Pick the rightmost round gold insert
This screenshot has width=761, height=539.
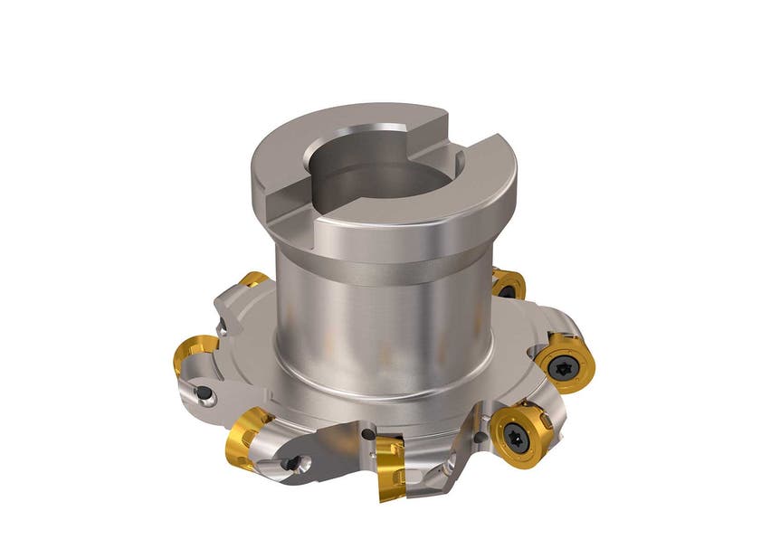[563, 362]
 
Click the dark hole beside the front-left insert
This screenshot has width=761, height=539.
[291, 464]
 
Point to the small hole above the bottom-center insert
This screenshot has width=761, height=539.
[367, 435]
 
